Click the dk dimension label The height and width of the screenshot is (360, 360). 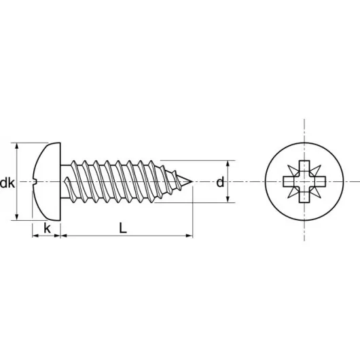tap(8, 183)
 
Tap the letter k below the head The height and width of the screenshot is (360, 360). tap(47, 228)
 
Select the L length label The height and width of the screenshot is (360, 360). tap(122, 228)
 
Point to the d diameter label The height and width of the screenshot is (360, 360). tap(219, 182)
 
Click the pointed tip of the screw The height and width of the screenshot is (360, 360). tap(193, 182)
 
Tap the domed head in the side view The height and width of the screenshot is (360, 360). tap(48, 181)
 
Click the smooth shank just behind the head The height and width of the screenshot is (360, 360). tap(68, 181)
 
